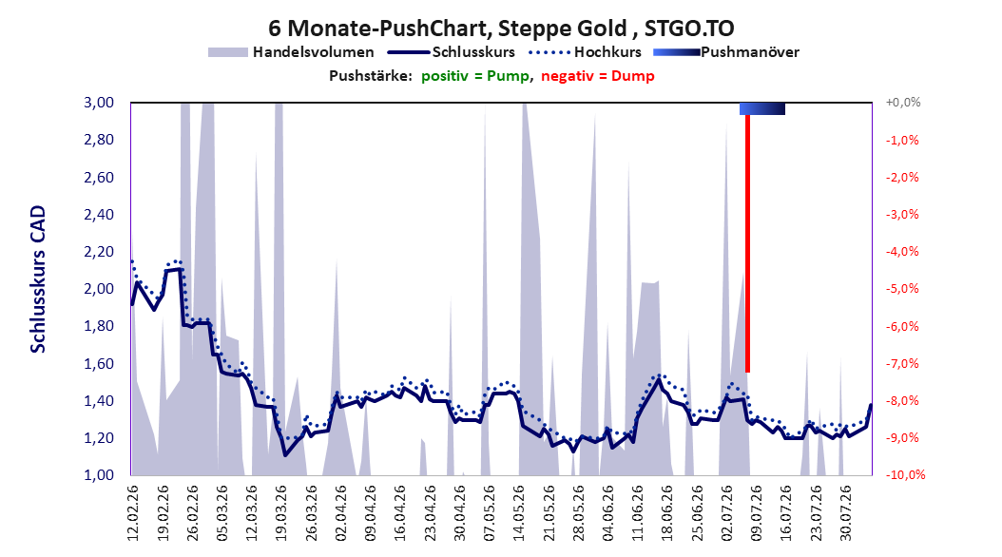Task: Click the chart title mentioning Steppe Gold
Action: point(501,29)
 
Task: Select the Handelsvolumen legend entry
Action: point(292,52)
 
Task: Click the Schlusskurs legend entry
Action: point(452,52)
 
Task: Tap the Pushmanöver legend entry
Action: point(726,52)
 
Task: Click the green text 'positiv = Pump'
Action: point(475,76)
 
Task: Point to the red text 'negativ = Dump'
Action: point(598,76)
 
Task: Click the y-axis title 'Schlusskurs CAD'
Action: point(38,279)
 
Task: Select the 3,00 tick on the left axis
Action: point(99,103)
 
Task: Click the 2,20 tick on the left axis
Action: point(99,252)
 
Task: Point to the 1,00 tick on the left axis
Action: point(99,475)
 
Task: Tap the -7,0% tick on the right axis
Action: point(902,363)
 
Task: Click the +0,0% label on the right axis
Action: point(903,103)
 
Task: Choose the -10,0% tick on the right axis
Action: point(905,475)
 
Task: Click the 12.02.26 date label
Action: point(133,513)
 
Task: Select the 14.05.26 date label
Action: point(519,513)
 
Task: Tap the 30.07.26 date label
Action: point(846,513)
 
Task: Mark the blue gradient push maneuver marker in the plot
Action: point(762,108)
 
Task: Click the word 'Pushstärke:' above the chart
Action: point(371,76)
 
